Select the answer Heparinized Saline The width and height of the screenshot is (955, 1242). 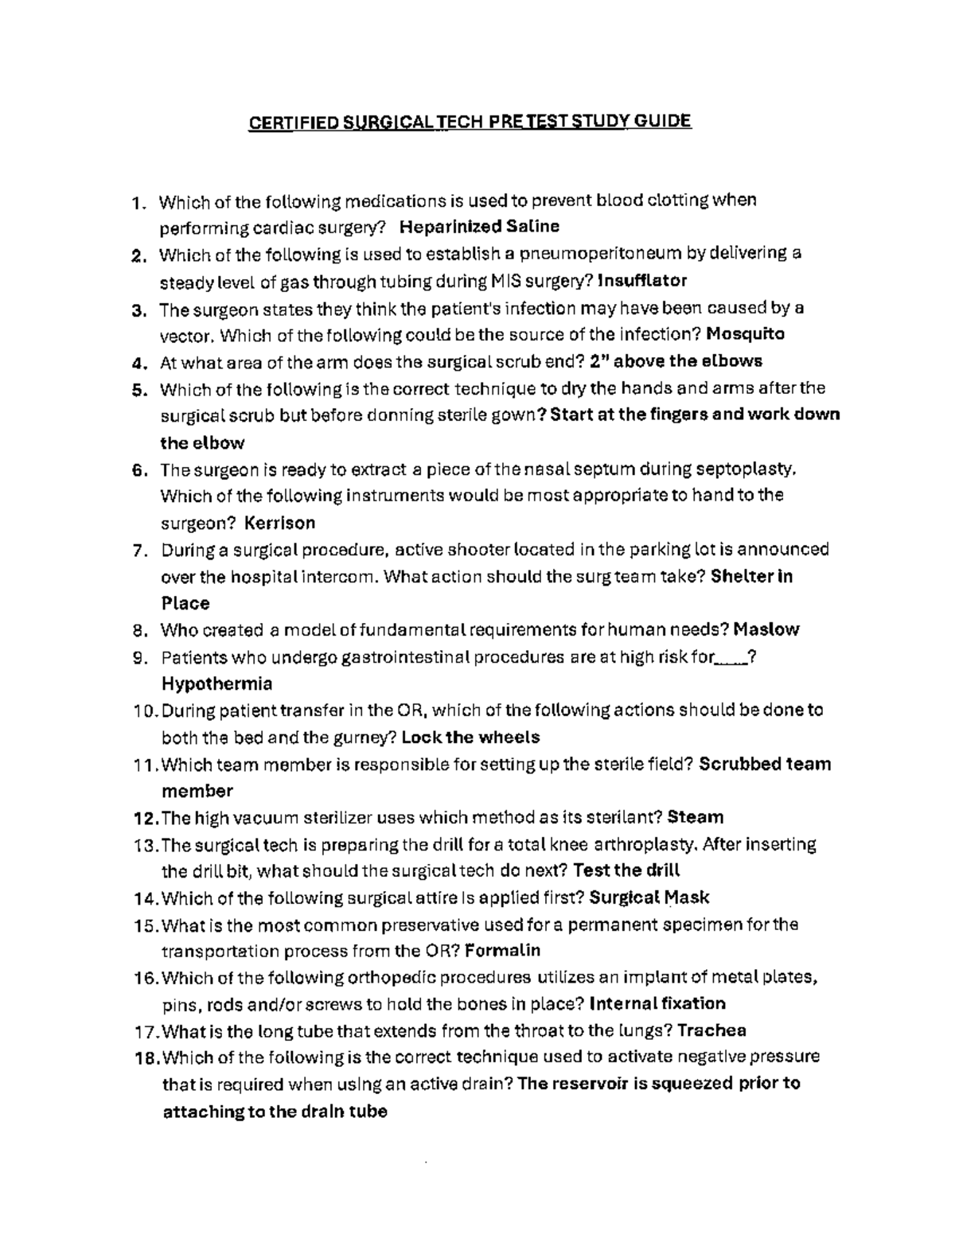479,227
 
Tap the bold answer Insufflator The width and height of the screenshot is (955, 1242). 641,280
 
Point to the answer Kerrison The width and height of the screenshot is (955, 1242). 279,523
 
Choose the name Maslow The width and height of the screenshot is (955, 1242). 766,630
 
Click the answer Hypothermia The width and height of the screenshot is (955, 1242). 216,683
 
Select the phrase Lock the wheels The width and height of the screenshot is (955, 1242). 471,737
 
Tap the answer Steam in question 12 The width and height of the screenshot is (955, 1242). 696,817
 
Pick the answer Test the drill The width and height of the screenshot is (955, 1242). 626,870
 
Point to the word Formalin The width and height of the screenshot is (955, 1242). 502,951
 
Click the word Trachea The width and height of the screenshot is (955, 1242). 711,1031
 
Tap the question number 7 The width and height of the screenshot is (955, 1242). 139,551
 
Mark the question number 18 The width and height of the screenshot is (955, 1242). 146,1057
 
